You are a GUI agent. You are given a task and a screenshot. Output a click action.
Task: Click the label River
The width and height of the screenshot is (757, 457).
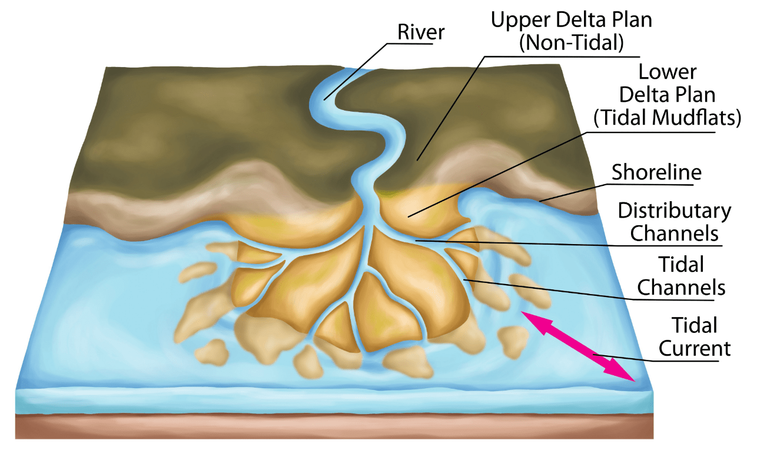[x=421, y=32]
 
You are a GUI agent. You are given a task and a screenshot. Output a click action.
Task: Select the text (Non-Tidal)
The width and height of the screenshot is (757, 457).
[x=572, y=42]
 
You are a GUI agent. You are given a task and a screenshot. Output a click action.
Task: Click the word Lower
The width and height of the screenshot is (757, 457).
[x=668, y=72]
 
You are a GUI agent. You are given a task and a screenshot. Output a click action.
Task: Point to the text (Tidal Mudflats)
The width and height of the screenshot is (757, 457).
[x=668, y=118]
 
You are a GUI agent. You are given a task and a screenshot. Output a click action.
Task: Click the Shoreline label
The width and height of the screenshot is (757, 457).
[x=656, y=172]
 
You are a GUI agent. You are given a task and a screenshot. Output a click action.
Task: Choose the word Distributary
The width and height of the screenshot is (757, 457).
[x=675, y=211]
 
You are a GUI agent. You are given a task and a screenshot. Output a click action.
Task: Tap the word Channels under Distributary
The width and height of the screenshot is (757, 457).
[x=674, y=233]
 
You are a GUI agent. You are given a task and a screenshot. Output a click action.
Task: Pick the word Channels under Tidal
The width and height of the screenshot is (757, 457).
[x=681, y=288]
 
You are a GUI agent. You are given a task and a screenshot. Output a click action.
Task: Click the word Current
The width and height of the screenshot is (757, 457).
[x=695, y=349]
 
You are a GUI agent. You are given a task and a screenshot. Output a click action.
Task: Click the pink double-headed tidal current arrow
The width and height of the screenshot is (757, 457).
[x=578, y=346]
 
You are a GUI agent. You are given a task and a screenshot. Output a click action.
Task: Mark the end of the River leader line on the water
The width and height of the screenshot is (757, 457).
[x=324, y=99]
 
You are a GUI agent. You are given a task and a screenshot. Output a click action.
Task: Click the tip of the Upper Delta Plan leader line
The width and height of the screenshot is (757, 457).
[x=418, y=160]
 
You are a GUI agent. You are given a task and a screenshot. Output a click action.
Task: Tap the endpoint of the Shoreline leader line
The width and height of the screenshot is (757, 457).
[x=540, y=201]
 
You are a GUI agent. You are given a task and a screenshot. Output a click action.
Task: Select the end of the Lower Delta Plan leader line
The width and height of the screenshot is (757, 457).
[x=409, y=216]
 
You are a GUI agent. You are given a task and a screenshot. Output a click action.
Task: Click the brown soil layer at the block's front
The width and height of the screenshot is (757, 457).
[x=334, y=427]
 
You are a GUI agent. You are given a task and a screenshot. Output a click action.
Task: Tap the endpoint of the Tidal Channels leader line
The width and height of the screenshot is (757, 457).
[x=464, y=279]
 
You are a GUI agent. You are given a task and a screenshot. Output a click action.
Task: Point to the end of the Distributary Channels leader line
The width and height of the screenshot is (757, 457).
[x=416, y=241]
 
